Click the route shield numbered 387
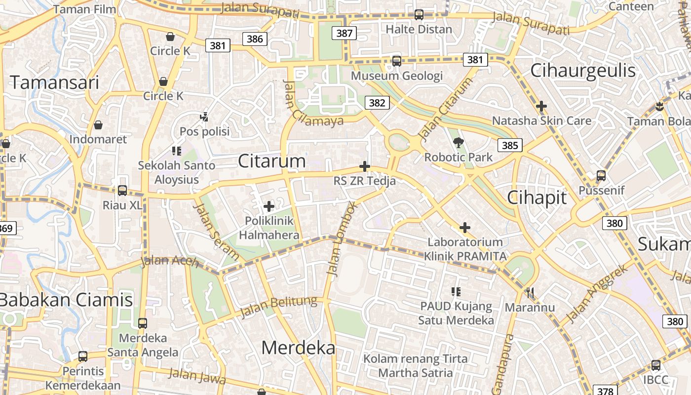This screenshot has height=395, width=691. (344, 33)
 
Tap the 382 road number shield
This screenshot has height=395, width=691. (377, 103)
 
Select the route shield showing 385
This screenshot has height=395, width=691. (510, 145)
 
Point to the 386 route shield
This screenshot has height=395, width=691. (255, 39)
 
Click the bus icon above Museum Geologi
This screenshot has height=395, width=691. (396, 61)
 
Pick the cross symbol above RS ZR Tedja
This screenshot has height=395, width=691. (365, 166)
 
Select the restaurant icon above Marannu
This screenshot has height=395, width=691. (530, 293)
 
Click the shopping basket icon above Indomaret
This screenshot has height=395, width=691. (98, 124)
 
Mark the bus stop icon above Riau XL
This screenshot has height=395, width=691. (122, 190)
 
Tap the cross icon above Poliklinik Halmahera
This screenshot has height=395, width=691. (269, 206)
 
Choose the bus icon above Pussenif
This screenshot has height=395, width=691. (601, 175)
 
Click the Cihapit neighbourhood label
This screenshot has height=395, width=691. (537, 198)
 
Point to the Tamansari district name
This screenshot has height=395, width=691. (54, 82)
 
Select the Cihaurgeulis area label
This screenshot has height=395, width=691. (583, 71)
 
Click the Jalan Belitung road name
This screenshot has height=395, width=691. (278, 307)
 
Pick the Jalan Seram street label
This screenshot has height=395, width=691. (217, 231)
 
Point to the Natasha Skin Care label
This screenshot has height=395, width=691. (541, 121)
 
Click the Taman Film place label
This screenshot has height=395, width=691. (84, 9)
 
